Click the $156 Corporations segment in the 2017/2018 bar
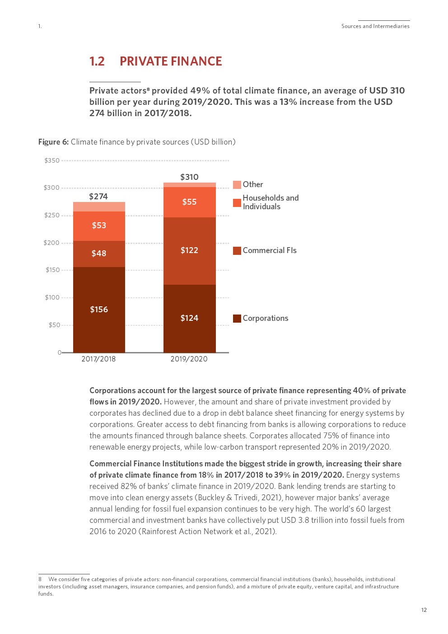click(99, 310)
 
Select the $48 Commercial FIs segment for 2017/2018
click(99, 254)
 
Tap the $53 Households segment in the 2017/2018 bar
click(99, 225)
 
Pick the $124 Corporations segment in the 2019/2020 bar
click(189, 318)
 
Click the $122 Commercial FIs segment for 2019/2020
click(189, 250)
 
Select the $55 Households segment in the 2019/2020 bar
click(189, 202)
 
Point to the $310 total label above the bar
click(189, 177)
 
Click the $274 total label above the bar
click(98, 197)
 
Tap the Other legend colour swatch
click(237, 185)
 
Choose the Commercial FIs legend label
click(270, 250)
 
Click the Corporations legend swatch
click(237, 319)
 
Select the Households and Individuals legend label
click(270, 202)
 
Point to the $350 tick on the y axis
click(52, 160)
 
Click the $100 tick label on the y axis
click(52, 297)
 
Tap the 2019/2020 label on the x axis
click(189, 359)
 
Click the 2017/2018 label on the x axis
click(98, 359)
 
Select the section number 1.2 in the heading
click(97, 61)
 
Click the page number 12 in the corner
click(424, 610)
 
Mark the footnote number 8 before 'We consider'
click(40, 579)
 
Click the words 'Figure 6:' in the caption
click(53, 142)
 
